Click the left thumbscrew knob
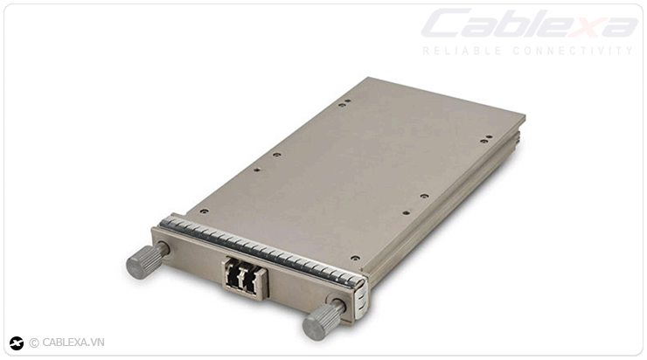[143, 261]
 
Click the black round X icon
[17, 343]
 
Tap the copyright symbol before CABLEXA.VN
[34, 343]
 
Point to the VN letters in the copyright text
[96, 343]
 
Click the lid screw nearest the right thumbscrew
[354, 258]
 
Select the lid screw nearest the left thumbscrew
[204, 211]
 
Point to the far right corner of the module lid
[524, 114]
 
